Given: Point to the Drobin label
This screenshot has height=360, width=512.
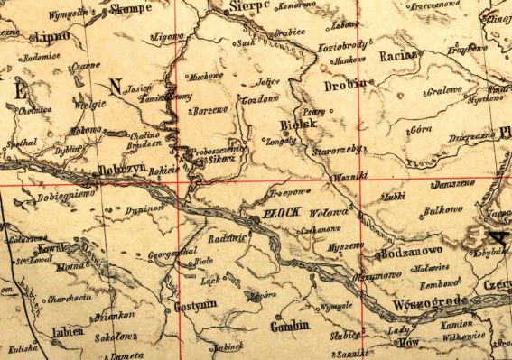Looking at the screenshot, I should [x=345, y=85].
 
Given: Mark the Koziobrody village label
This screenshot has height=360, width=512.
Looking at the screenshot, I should [x=341, y=45].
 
